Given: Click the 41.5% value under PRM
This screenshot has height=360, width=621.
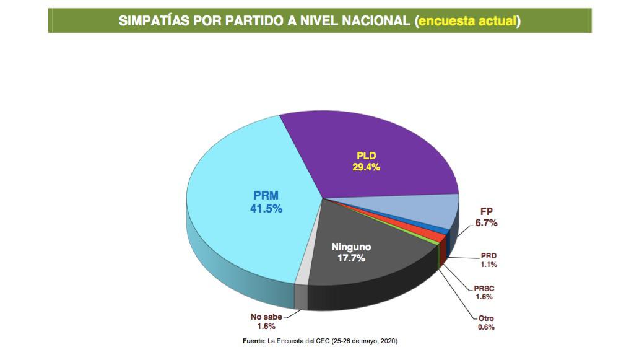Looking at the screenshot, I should (266, 209).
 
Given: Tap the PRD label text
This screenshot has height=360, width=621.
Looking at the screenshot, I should (489, 256).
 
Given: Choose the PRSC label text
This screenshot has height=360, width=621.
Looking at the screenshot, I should (484, 288).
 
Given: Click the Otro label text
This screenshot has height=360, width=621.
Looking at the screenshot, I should (487, 318).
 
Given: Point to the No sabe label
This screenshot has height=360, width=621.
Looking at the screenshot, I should (266, 317).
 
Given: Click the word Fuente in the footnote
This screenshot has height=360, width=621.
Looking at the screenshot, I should (253, 341).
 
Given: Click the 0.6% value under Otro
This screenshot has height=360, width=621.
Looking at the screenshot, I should (487, 327).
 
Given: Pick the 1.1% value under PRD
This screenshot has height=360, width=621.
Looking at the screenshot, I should (489, 265).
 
